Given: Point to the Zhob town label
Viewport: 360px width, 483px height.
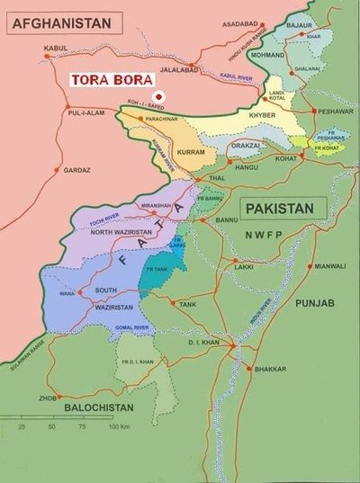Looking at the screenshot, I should (48, 398).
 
